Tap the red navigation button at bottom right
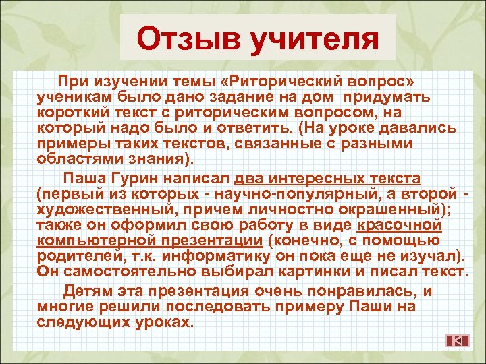[457, 340]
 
